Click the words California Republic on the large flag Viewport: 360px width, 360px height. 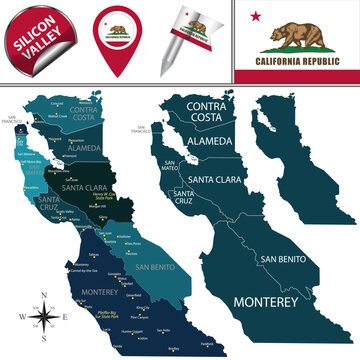click(297, 69)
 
